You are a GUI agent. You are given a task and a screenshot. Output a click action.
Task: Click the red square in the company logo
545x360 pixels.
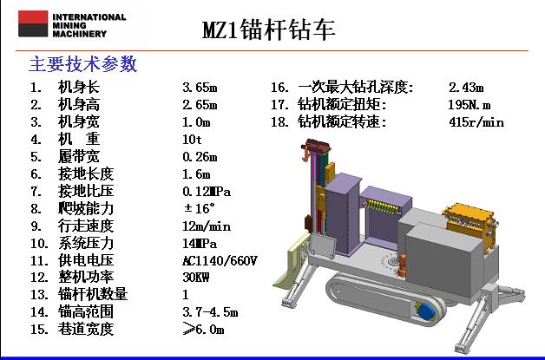pyautogui.click(x=33, y=17)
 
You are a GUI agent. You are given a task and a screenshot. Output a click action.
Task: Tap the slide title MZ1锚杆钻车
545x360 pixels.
pyautogui.click(x=269, y=29)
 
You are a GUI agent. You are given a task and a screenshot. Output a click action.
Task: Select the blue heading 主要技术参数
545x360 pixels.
pyautogui.click(x=83, y=64)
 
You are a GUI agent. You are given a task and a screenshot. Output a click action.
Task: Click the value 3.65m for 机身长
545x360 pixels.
pyautogui.click(x=200, y=88)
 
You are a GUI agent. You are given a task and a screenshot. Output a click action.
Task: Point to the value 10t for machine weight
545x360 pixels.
pyautogui.click(x=192, y=140)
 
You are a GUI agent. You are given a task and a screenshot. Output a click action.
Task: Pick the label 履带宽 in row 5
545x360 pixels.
pyautogui.click(x=79, y=157)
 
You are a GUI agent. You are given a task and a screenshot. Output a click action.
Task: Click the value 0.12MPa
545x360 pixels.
pyautogui.click(x=207, y=192)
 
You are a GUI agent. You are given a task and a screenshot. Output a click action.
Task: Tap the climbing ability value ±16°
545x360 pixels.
pyautogui.click(x=200, y=208)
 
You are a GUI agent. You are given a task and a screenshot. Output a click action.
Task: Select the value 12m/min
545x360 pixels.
pyautogui.click(x=207, y=226)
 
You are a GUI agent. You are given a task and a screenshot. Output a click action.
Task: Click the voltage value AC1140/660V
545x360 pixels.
pyautogui.click(x=220, y=260)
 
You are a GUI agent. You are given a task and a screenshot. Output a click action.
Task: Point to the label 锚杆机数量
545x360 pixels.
pyautogui.click(x=93, y=294)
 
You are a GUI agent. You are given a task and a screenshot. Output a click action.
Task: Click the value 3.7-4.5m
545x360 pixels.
pyautogui.click(x=210, y=312)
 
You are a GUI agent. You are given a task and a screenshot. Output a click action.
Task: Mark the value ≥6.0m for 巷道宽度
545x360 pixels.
pyautogui.click(x=203, y=329)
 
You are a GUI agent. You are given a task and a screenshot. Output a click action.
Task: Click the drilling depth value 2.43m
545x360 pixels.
pyautogui.click(x=466, y=88)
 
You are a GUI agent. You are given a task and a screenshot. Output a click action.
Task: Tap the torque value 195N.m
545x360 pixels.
pyautogui.click(x=469, y=105)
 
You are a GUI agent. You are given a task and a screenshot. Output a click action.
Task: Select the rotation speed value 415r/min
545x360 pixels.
pyautogui.click(x=476, y=122)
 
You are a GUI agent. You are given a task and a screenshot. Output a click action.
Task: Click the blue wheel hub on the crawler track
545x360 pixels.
pyautogui.click(x=427, y=311)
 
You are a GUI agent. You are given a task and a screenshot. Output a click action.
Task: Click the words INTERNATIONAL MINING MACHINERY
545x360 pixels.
pyautogui.click(x=89, y=25)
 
